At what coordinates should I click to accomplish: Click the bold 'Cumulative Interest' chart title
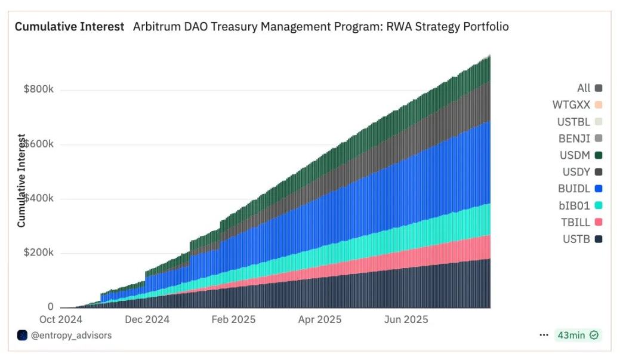(69, 27)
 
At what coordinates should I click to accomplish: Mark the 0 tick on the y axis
(50, 307)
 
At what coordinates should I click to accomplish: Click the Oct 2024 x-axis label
(60, 319)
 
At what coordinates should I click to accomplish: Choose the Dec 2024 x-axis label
(147, 319)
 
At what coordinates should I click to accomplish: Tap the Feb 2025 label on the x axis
(233, 319)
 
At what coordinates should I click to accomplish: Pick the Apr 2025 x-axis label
(320, 319)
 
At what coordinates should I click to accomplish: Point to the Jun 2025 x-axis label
(406, 319)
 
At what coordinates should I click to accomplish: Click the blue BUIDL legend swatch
(598, 189)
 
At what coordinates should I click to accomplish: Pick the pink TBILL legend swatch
(598, 223)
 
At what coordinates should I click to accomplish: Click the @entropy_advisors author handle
(70, 336)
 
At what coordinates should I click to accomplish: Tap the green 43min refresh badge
(578, 336)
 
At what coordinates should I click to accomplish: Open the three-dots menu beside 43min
(544, 336)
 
